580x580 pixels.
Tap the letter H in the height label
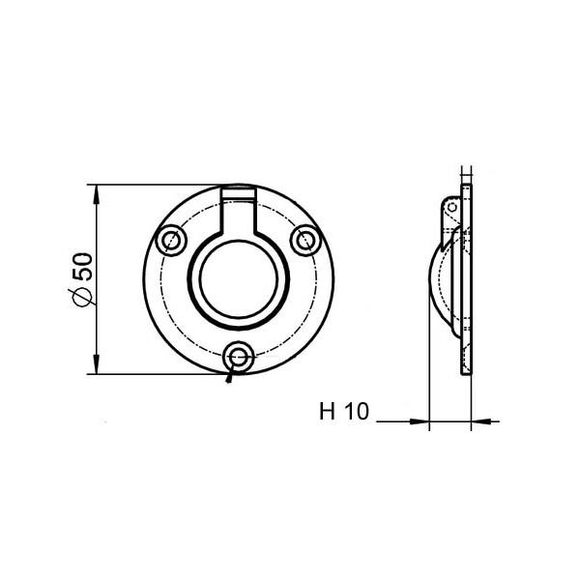point(327,412)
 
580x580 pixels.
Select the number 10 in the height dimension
point(355,412)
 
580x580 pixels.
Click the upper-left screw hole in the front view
point(172,238)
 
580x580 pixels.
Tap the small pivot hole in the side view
point(451,205)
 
